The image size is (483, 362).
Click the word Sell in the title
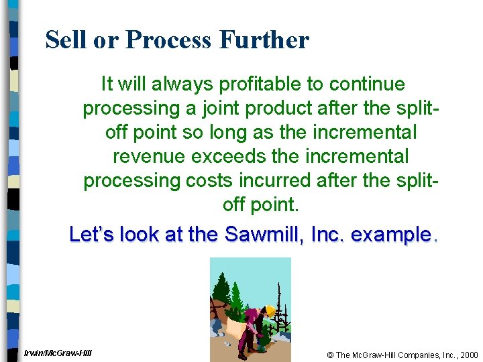66,40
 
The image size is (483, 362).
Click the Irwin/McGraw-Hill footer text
57,353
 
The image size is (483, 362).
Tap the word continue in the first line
367,84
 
